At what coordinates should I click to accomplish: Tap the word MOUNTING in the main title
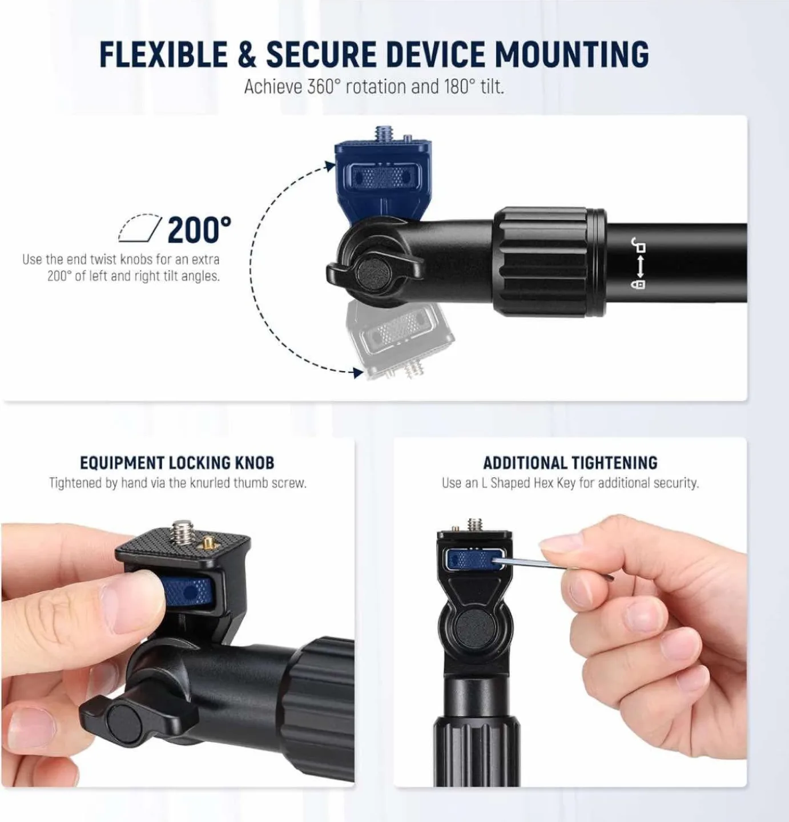pos(571,55)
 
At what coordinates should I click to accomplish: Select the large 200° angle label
pos(200,230)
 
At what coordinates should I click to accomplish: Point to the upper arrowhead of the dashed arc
pos(330,166)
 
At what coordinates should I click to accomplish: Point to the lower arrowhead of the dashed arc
pos(358,373)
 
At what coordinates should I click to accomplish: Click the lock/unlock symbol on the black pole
pos(639,264)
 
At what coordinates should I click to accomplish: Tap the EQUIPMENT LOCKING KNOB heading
pos(177,462)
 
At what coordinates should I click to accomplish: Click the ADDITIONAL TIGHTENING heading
pos(570,462)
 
